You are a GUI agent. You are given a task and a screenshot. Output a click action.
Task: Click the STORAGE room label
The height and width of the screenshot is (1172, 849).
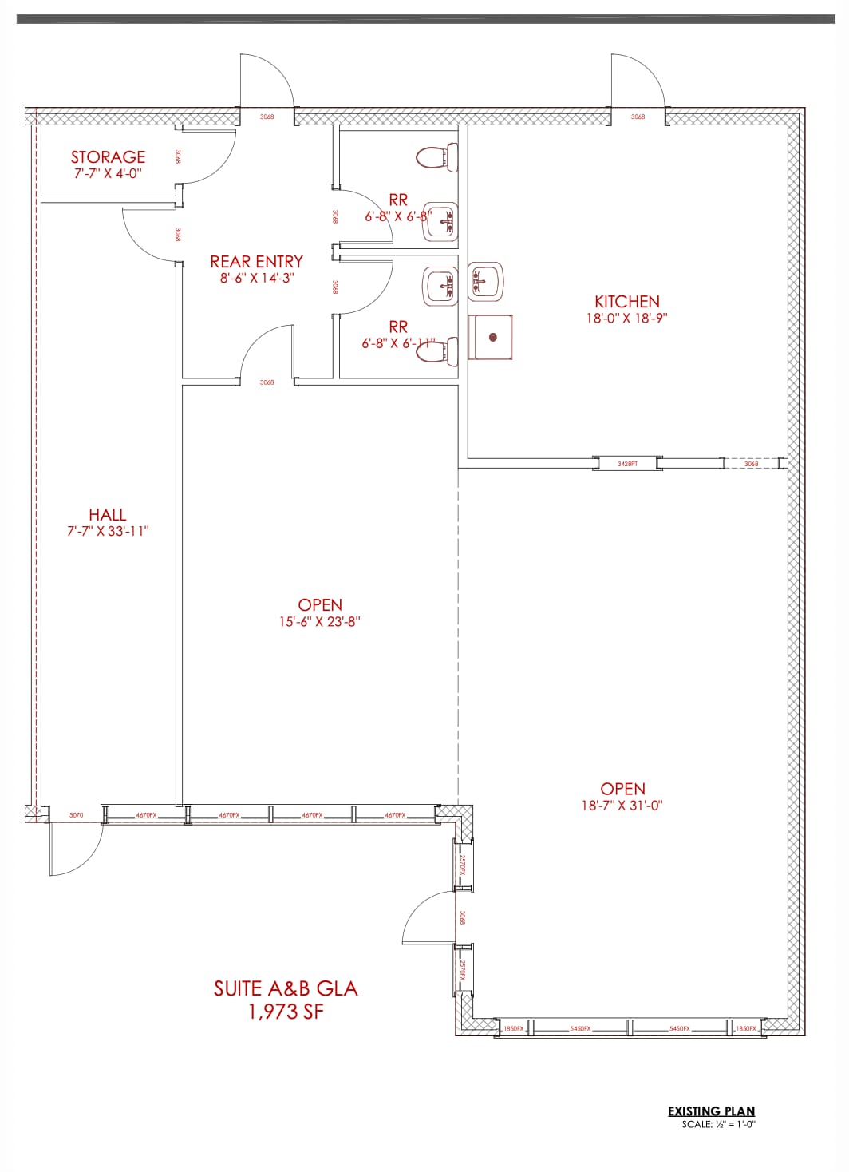(x=108, y=157)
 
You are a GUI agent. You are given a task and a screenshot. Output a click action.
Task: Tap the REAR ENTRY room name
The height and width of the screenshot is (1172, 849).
(x=256, y=262)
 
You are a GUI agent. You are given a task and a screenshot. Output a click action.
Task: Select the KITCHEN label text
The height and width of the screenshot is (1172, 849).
(x=627, y=302)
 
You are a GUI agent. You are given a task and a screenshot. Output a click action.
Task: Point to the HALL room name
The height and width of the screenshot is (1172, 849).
(x=108, y=515)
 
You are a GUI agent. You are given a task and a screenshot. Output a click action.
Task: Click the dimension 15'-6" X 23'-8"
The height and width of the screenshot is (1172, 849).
(x=319, y=622)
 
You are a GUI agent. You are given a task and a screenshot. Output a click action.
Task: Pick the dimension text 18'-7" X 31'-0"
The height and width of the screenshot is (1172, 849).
(x=622, y=806)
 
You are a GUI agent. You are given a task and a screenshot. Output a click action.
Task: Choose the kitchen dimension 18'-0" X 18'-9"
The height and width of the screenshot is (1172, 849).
(x=627, y=318)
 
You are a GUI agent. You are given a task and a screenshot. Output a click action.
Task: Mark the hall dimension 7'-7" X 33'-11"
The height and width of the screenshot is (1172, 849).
(x=108, y=532)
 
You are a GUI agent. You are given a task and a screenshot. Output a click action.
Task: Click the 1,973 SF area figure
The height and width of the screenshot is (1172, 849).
(x=286, y=1012)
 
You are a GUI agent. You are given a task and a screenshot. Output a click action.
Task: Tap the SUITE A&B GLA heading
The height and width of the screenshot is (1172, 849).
(x=286, y=988)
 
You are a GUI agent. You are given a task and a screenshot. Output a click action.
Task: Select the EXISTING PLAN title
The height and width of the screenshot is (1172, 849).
(x=711, y=1111)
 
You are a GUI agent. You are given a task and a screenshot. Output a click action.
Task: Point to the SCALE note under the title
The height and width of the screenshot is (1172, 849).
(x=718, y=1125)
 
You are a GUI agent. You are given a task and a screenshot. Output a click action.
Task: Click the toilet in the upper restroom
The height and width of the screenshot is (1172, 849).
(x=436, y=156)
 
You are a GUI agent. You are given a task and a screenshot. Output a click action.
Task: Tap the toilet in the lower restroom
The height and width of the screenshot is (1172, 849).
(x=436, y=350)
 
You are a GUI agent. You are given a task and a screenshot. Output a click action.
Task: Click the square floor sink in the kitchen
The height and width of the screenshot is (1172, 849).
(x=490, y=337)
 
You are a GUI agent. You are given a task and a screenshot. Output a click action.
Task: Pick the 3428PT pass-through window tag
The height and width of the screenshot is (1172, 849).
(x=627, y=463)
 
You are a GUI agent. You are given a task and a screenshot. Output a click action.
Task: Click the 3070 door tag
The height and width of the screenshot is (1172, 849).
(x=76, y=815)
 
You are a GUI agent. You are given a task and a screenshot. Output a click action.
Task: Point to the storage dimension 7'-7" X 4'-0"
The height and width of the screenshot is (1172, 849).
(x=108, y=173)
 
